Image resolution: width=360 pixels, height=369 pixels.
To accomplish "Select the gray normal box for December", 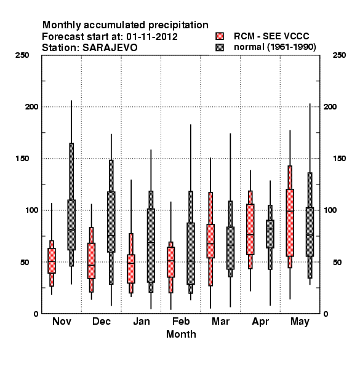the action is coord(111,222).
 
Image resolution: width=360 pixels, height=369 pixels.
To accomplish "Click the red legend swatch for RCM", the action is coord(220,36).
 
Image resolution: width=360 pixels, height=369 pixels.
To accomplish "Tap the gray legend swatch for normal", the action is coord(220,47).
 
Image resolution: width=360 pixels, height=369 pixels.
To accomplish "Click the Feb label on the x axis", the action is coord(181,321).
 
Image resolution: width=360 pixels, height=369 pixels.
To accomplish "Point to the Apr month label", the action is coord(260,322).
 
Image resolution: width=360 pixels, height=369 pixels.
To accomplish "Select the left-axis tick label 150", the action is coord(22,159).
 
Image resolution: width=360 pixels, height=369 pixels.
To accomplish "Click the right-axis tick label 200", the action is coord(330,106).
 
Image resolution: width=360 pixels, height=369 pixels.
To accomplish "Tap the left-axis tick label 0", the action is coord(36,314).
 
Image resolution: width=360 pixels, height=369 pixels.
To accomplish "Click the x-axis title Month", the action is coord(181,334).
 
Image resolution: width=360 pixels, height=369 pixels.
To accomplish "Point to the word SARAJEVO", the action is coord(110,48).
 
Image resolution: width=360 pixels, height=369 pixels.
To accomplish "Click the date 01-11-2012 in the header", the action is coord(152,37).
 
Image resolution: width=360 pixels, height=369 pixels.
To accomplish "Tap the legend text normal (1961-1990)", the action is coord(274,47).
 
